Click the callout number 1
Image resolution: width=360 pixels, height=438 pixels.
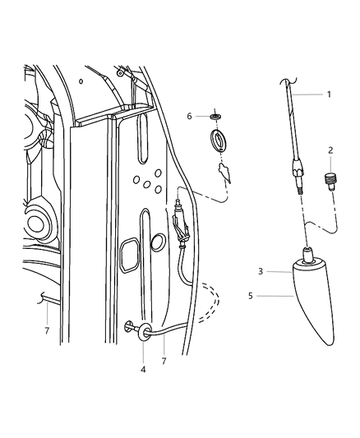click(329, 95)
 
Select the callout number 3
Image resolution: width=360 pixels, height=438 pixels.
click(260, 270)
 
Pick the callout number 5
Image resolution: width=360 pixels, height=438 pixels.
click(260, 295)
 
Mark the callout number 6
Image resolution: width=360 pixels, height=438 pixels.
click(188, 117)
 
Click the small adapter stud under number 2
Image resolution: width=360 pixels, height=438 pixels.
click(331, 180)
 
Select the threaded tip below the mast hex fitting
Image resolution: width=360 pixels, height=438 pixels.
click(301, 188)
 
